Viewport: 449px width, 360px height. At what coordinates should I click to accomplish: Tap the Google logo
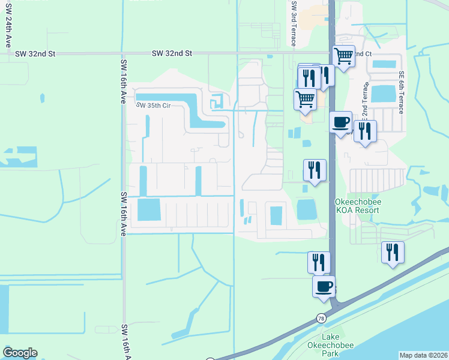point(20,353)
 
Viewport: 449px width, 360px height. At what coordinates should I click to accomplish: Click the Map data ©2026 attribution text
point(423,355)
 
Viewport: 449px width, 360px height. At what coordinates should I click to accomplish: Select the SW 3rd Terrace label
point(294,24)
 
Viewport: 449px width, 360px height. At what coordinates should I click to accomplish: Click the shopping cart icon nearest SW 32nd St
point(343,56)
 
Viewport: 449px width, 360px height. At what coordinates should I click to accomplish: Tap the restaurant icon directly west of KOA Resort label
point(315,170)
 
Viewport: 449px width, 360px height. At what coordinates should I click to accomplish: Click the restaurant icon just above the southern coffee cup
point(319,262)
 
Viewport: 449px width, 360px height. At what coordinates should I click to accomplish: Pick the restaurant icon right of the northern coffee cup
point(365,131)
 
